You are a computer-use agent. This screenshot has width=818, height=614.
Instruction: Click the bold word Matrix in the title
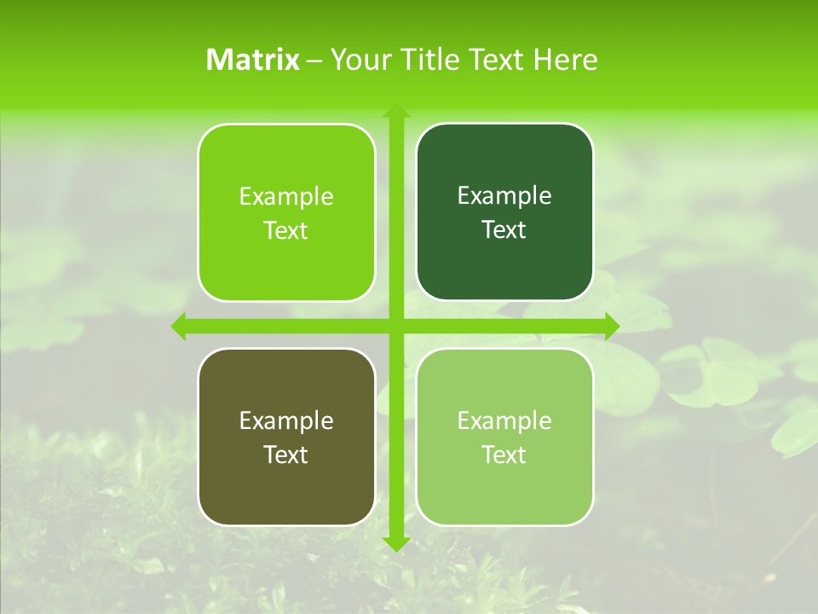pyautogui.click(x=253, y=60)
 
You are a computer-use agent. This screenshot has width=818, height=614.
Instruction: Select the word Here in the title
pyautogui.click(x=565, y=60)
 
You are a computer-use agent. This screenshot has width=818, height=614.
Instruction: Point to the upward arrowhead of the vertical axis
pyautogui.click(x=395, y=112)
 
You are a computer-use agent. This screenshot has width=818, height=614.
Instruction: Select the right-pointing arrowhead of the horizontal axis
pyautogui.click(x=611, y=326)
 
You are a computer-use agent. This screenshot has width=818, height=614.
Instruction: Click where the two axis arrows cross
pyautogui.click(x=395, y=326)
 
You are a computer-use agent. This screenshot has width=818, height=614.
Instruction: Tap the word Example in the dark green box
pyautogui.click(x=504, y=196)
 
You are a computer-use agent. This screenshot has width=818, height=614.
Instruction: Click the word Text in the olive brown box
pyautogui.click(x=285, y=455)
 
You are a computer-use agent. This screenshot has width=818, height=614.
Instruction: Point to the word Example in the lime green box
pyautogui.click(x=286, y=197)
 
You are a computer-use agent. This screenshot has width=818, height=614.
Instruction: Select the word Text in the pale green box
pyautogui.click(x=504, y=455)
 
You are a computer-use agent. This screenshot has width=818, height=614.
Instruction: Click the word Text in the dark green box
pyautogui.click(x=504, y=230)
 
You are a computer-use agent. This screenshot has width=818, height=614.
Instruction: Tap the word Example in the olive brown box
pyautogui.click(x=286, y=420)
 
